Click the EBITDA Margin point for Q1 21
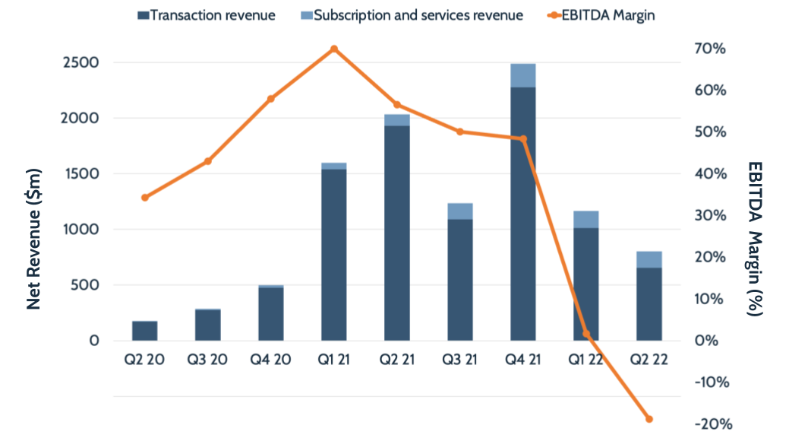coord(334,49)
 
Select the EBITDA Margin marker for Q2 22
coord(649,419)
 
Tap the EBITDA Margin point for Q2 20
coord(145,198)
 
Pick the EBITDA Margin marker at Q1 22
coord(586,334)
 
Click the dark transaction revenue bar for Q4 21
coord(523,214)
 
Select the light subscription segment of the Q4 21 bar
coord(523,75)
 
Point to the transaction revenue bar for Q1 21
coord(334,255)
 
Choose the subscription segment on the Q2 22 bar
coord(649,259)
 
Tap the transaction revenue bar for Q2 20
coord(145,332)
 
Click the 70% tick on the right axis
coord(709,49)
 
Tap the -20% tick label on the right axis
coord(708,424)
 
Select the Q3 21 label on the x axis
coord(460,360)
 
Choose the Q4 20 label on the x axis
coord(271,360)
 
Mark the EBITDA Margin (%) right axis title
coord(754,238)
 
